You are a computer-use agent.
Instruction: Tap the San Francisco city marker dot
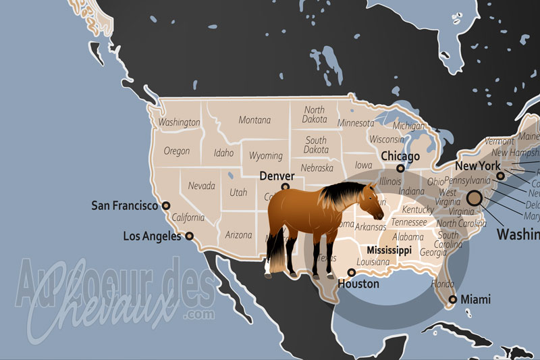pos(166,206)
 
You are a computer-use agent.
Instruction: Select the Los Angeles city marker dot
pos(190,236)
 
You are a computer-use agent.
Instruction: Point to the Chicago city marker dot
pos(400,168)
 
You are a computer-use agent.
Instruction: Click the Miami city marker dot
pos(453,299)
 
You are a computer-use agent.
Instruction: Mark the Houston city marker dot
pos(351,272)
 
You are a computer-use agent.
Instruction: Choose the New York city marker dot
pos(501,176)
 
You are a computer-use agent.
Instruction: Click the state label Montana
pos(254,120)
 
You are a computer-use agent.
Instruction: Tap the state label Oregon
pos(177,151)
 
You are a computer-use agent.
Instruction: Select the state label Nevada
pos(201,186)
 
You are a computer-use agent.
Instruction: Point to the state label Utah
pos(238,192)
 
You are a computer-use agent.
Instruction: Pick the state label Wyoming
pos(266,156)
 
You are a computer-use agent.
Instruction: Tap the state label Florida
pos(442,284)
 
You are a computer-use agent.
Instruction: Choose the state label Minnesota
pos(356,124)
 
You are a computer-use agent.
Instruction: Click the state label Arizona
pos(238,235)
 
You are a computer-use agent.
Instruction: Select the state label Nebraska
pos(317,168)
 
